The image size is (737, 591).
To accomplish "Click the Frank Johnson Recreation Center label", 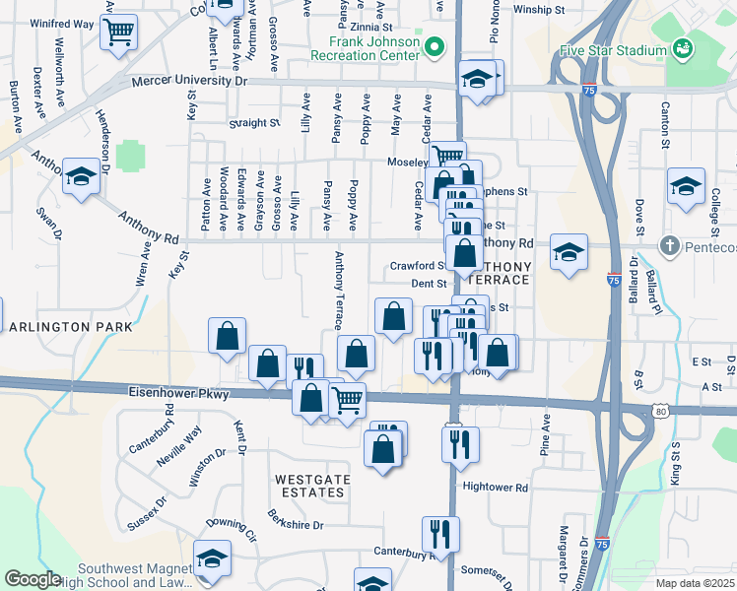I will point(366,49).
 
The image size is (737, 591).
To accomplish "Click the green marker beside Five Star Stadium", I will point(681,48).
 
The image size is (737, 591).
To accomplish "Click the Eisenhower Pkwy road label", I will point(178,393).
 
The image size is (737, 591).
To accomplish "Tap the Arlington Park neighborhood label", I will point(64,326).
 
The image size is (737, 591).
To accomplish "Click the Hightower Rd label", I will point(496,487).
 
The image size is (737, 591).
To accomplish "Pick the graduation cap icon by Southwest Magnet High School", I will point(212,558).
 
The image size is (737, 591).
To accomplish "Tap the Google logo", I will point(33,579).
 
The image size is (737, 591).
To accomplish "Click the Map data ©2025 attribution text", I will point(695,583).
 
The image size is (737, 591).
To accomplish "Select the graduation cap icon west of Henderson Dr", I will point(81,176).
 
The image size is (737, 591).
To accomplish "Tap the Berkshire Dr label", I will point(297,519).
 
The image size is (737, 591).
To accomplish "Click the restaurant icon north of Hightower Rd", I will point(460,445).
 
